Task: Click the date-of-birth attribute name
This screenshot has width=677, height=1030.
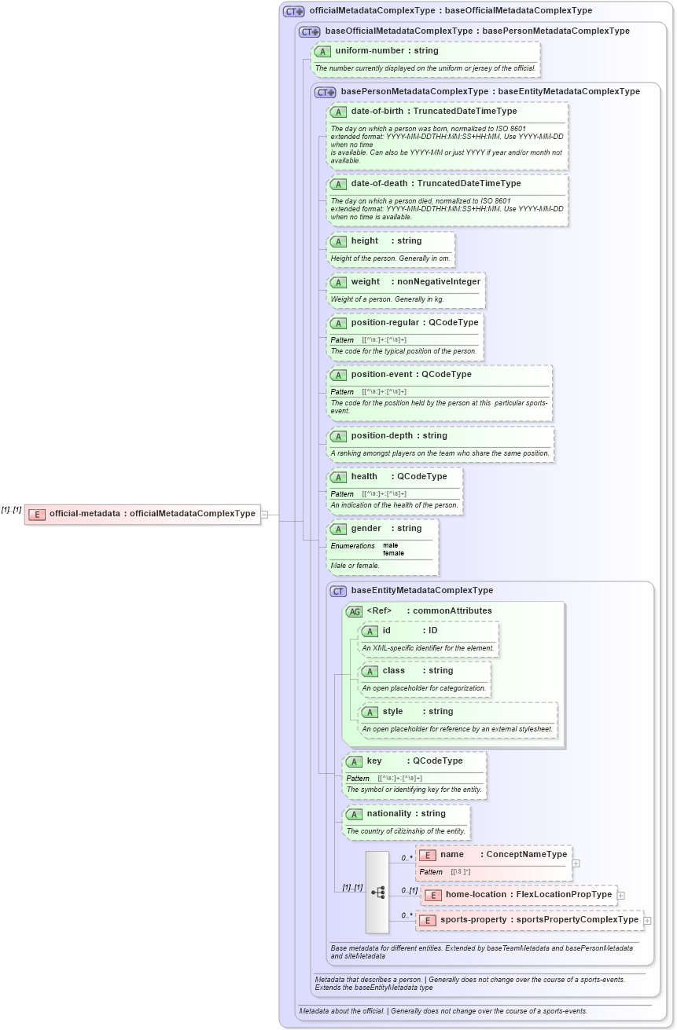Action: tap(377, 111)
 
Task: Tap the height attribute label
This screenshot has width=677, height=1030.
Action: tap(364, 240)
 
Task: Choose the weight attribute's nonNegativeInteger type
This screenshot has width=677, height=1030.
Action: tap(439, 281)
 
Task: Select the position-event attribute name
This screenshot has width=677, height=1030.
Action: tap(382, 374)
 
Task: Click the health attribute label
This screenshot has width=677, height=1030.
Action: tap(364, 476)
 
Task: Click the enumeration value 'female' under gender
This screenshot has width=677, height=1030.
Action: tap(393, 553)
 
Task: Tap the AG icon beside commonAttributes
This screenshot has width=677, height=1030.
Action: tap(354, 610)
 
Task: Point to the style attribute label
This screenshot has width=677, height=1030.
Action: tap(392, 711)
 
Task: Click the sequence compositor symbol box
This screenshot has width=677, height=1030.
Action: tap(377, 892)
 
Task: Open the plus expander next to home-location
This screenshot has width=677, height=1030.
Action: tap(621, 895)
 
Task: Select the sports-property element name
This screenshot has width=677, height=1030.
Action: tap(473, 919)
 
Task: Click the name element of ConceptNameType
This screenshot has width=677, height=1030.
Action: tap(451, 854)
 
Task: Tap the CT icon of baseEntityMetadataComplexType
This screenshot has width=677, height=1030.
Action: tap(338, 591)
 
